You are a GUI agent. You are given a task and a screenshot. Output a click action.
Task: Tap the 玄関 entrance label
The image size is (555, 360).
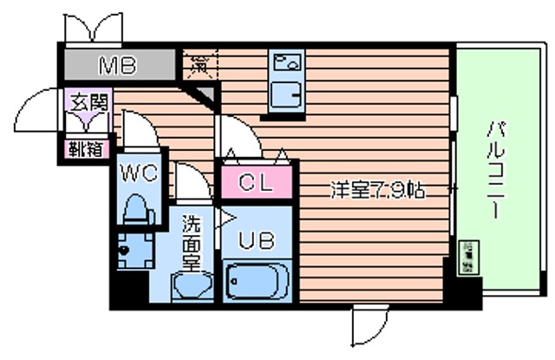tap(84, 103)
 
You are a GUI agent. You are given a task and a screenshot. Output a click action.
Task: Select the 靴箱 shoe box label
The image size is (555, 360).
tap(83, 148)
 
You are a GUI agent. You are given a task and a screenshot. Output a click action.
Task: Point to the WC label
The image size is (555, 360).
tap(139, 173)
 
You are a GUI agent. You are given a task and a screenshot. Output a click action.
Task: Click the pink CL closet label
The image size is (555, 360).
tap(258, 183)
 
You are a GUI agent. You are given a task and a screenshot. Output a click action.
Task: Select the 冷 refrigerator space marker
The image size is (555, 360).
tap(199, 62)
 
